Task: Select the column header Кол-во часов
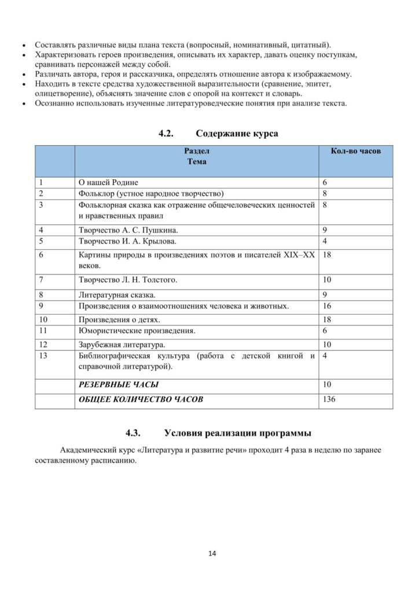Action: click(x=355, y=151)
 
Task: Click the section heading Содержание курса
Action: click(x=237, y=134)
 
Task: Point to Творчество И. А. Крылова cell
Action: click(x=127, y=240)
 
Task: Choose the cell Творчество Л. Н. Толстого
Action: click(x=127, y=280)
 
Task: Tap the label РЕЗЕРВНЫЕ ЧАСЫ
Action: click(x=119, y=384)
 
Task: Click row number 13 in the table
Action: click(x=43, y=356)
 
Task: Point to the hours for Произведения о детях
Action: click(x=327, y=319)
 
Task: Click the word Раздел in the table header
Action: click(x=197, y=151)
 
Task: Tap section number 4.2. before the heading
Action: click(x=166, y=134)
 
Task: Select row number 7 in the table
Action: click(x=41, y=280)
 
